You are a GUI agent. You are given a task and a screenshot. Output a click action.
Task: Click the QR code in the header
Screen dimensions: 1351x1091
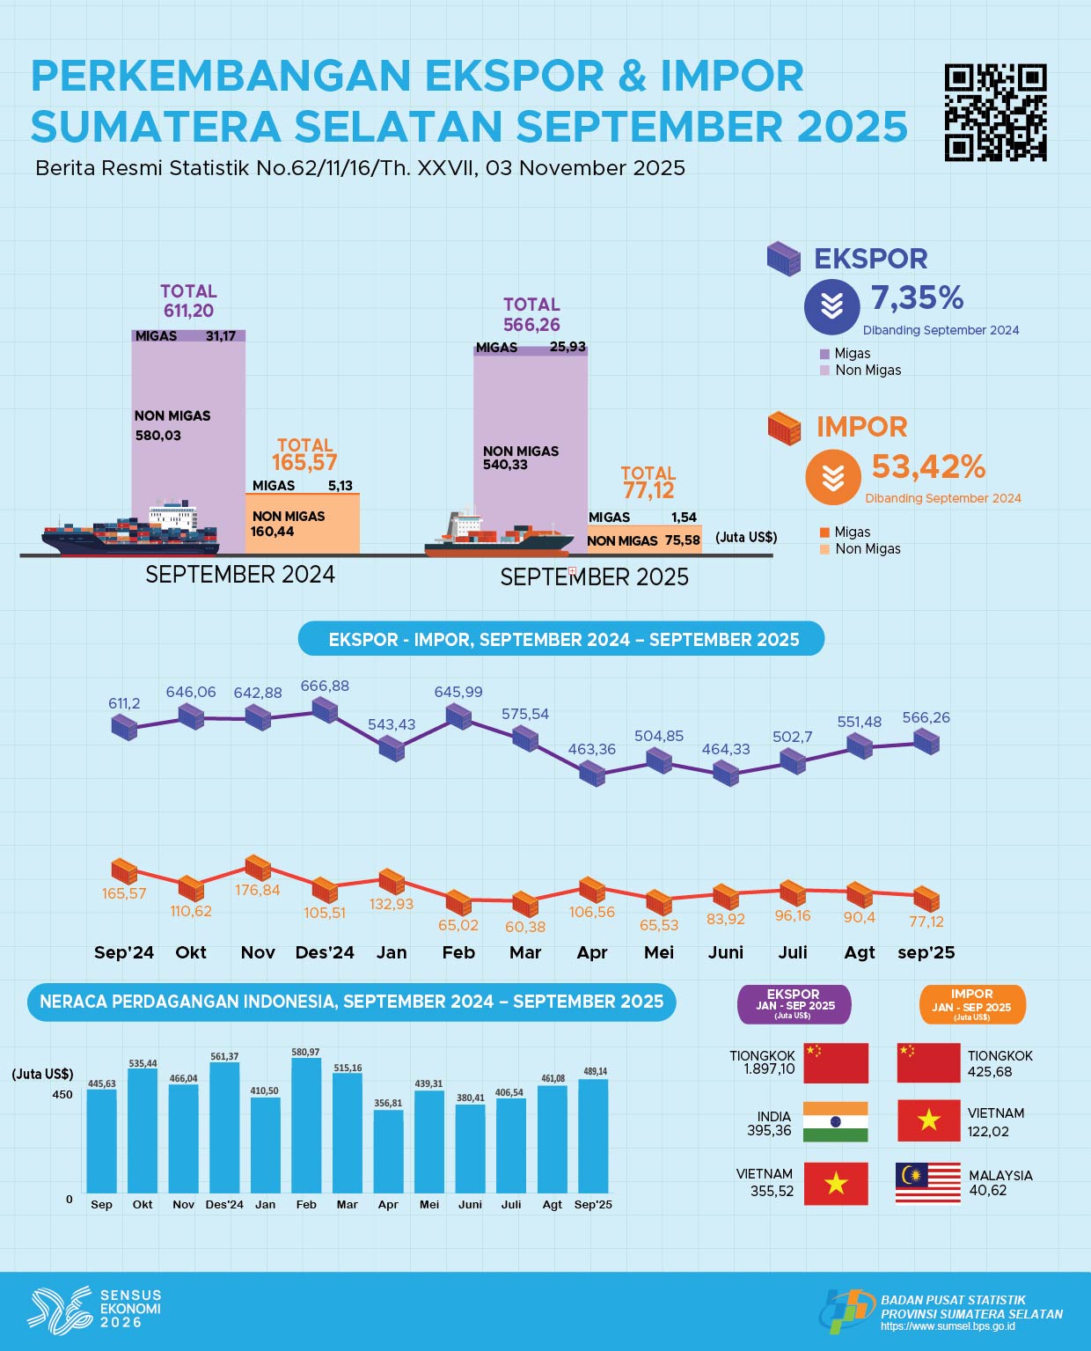[x=995, y=113]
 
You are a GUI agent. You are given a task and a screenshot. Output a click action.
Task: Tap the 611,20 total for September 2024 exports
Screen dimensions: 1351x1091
[x=188, y=311]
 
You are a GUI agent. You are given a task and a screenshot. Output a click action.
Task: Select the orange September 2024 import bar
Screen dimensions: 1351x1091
[x=303, y=524]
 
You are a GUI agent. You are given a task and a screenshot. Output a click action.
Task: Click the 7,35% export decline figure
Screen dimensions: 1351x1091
[x=917, y=298]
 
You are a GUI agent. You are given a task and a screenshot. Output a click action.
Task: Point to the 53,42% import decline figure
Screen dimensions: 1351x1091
[x=928, y=466]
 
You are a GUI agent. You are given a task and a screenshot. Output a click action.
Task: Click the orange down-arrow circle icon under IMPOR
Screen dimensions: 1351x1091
[x=832, y=477]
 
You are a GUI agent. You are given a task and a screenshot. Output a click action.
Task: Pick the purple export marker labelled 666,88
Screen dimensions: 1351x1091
[x=325, y=709]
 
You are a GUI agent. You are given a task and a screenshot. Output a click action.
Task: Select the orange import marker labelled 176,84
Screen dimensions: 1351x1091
[x=258, y=868]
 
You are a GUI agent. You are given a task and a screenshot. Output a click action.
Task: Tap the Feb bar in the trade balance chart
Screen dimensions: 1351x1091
[x=306, y=1126]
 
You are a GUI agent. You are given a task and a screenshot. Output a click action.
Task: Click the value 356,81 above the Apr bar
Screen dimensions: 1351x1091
[x=388, y=1104]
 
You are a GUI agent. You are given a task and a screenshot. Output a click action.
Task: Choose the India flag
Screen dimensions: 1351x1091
[x=835, y=1122]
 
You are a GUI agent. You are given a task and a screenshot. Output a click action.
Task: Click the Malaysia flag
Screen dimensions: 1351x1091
[x=928, y=1183]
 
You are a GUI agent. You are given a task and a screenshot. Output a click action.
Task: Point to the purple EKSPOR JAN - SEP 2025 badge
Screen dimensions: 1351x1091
[x=794, y=1004]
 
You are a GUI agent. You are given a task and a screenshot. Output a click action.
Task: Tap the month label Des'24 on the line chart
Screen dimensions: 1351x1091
[x=325, y=952]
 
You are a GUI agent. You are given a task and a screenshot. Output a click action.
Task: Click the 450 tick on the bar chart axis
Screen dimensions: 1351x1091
[x=62, y=1095]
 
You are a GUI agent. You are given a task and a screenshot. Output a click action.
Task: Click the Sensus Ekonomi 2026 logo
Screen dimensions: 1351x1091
[x=95, y=1308]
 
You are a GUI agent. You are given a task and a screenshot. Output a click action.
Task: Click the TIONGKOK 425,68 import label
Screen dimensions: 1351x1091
[x=999, y=1063]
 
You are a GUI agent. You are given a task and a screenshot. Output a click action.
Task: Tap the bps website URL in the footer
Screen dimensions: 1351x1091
[x=948, y=1326]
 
